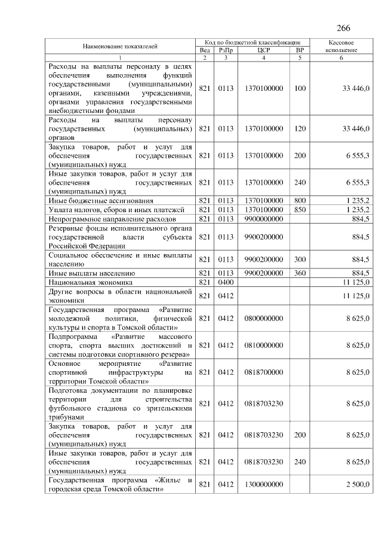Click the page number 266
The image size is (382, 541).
[343, 29]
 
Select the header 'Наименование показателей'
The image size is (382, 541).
[120, 46]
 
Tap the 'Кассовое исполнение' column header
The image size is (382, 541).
[343, 46]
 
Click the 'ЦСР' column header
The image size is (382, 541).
[263, 50]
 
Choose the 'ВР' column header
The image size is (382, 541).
[300, 50]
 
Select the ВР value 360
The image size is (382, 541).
[300, 273]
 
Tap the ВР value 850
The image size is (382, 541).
[300, 210]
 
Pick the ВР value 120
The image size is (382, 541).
[300, 129]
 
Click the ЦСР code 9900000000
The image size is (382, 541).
[263, 219]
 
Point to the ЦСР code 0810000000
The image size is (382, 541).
[263, 345]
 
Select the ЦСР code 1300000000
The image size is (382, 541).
[263, 484]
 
